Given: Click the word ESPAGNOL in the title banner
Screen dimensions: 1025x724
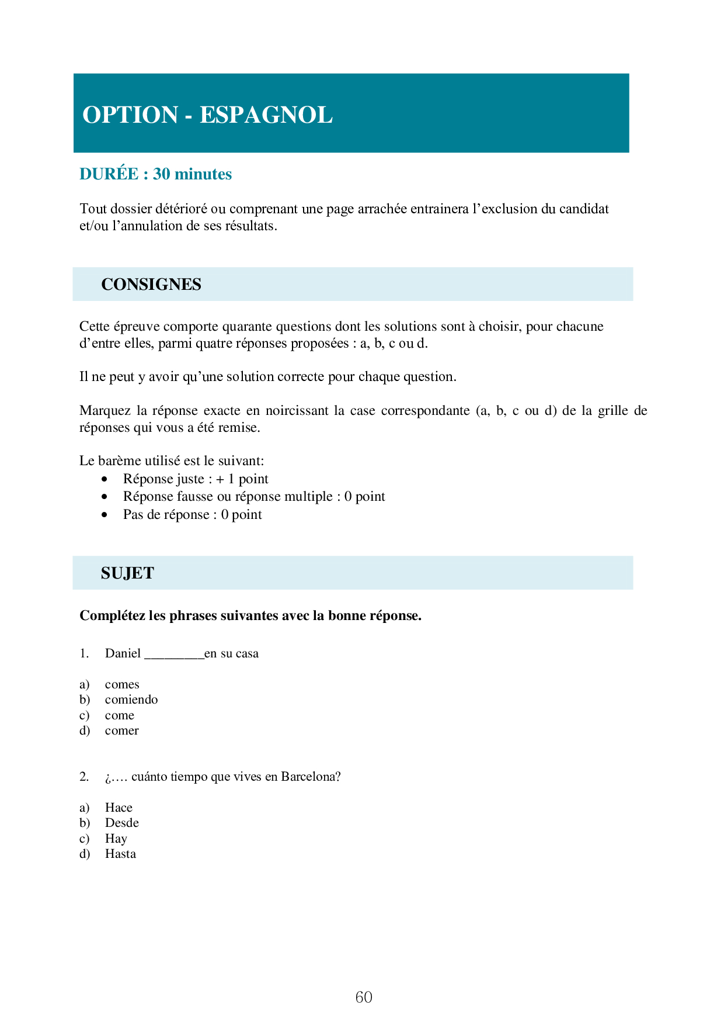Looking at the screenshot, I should tap(266, 115).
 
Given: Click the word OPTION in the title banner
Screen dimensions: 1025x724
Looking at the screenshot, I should tap(130, 115).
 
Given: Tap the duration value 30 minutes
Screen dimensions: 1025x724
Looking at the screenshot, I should tap(192, 174).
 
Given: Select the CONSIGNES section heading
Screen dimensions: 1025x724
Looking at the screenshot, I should tap(151, 285).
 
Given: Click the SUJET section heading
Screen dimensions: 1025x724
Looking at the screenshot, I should tap(127, 573).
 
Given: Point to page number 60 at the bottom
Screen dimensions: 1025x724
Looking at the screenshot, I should tap(364, 997).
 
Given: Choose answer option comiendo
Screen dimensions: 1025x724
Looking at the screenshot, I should tap(131, 700).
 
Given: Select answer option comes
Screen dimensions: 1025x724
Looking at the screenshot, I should tap(122, 684).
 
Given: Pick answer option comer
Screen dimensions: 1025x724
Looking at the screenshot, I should tap(121, 730).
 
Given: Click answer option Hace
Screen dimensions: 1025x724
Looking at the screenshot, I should tap(119, 808).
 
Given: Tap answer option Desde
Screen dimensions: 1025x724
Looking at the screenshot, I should tap(121, 823).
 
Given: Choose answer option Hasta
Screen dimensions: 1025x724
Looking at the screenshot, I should tap(120, 854).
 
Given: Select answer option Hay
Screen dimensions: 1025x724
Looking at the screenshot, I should tap(116, 839).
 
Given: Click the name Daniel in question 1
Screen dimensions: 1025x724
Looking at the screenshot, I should tap(123, 653).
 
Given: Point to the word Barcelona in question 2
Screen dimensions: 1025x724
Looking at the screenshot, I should tap(310, 777).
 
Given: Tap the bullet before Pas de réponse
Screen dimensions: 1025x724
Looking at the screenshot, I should tap(105, 515).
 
